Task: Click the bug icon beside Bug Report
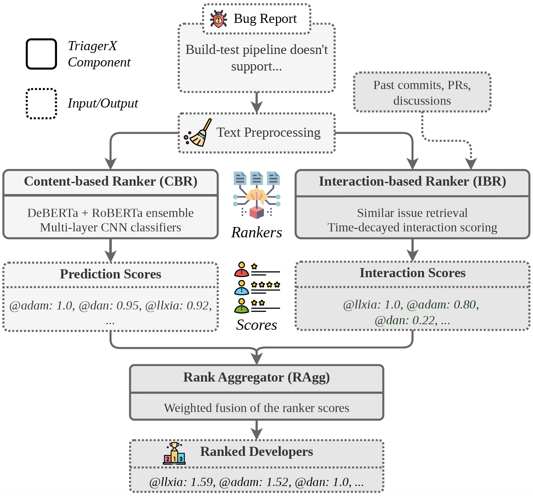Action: [218, 19]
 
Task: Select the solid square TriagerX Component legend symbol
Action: [41, 54]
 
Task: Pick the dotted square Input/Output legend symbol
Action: [41, 104]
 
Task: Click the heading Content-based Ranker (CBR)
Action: [111, 182]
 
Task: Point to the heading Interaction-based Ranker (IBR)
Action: [412, 182]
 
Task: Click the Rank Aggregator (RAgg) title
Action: [256, 377]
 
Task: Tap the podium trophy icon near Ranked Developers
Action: [174, 453]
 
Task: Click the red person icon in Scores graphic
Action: [241, 270]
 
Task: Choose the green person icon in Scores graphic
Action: [241, 306]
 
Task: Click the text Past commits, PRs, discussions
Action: [422, 93]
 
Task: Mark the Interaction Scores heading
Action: [412, 273]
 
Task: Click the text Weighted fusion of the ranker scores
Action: [256, 408]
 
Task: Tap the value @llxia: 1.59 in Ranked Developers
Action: [182, 482]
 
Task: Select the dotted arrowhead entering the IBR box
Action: [471, 164]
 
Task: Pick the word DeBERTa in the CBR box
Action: [53, 213]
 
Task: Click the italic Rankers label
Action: [256, 233]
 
